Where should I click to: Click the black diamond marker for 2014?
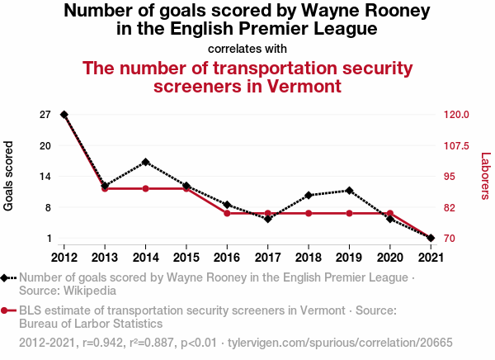tap(145, 162)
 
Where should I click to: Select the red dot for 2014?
tap(145, 189)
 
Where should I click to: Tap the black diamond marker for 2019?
tap(349, 191)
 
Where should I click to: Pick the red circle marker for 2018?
tap(309, 214)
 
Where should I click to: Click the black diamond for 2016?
tap(227, 205)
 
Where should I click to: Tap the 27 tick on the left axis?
tap(45, 115)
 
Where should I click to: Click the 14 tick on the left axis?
tap(45, 177)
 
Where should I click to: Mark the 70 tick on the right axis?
tap(449, 239)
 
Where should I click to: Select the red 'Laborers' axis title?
tap(485, 176)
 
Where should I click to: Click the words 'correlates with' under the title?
tap(247, 48)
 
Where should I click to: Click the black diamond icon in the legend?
tap(7, 278)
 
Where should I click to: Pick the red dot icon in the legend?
tap(7, 310)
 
